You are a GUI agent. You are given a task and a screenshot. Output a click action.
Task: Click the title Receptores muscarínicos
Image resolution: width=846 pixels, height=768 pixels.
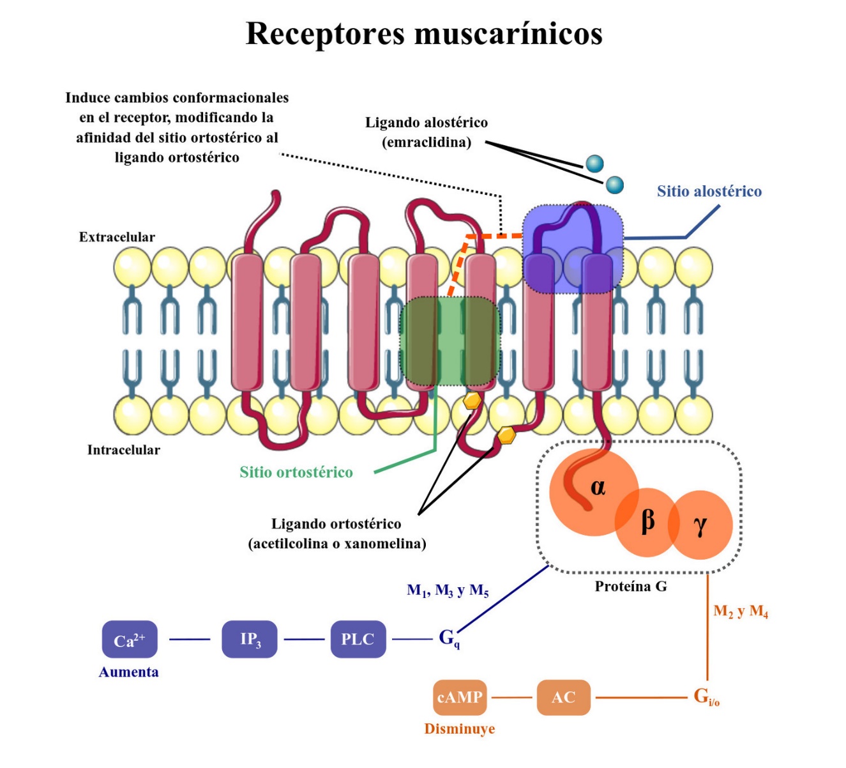pyautogui.click(x=424, y=33)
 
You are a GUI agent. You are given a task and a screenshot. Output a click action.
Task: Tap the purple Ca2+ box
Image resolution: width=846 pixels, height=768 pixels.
pyautogui.click(x=130, y=640)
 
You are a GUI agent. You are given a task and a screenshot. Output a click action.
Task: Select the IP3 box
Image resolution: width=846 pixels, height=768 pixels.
pyautogui.click(x=250, y=639)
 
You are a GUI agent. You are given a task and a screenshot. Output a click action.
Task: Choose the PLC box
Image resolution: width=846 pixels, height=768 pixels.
pyautogui.click(x=358, y=639)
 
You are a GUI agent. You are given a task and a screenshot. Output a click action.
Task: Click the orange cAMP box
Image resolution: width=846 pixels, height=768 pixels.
pyautogui.click(x=460, y=697)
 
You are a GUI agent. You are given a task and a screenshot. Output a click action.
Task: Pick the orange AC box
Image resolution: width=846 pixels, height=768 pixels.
pyautogui.click(x=563, y=697)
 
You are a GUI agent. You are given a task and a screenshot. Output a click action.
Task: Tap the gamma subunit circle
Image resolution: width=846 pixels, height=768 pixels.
pyautogui.click(x=701, y=525)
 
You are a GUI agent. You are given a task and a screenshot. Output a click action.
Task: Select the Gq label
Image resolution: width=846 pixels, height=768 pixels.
pyautogui.click(x=448, y=638)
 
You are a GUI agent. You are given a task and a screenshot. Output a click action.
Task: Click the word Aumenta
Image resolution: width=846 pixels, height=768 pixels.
pyautogui.click(x=128, y=672)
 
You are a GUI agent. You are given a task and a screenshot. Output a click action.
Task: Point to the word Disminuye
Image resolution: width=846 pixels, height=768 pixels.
pyautogui.click(x=459, y=729)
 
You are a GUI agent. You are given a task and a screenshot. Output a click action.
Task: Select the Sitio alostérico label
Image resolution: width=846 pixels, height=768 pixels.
pyautogui.click(x=709, y=191)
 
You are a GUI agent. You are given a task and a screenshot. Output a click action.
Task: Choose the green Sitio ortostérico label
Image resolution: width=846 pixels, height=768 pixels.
pyautogui.click(x=296, y=472)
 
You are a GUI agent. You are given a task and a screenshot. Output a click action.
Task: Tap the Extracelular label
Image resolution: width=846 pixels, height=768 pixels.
pyautogui.click(x=117, y=237)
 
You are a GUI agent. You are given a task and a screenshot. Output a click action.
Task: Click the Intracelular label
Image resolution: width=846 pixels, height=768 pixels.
pyautogui.click(x=123, y=450)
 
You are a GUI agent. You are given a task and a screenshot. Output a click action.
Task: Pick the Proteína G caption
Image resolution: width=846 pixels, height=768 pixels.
pyautogui.click(x=631, y=587)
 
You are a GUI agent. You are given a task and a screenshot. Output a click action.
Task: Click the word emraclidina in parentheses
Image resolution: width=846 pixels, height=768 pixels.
pyautogui.click(x=427, y=142)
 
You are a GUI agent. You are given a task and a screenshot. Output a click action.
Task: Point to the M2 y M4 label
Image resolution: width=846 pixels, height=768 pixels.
pyautogui.click(x=741, y=611)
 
